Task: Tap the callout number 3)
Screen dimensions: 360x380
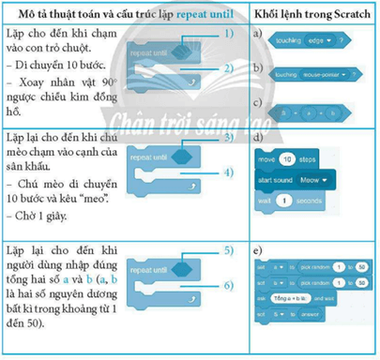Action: click(x=229, y=138)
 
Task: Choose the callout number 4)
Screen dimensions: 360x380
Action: click(x=229, y=173)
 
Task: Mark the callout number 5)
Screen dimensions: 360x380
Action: click(x=229, y=250)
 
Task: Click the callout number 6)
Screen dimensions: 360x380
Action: click(x=229, y=284)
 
